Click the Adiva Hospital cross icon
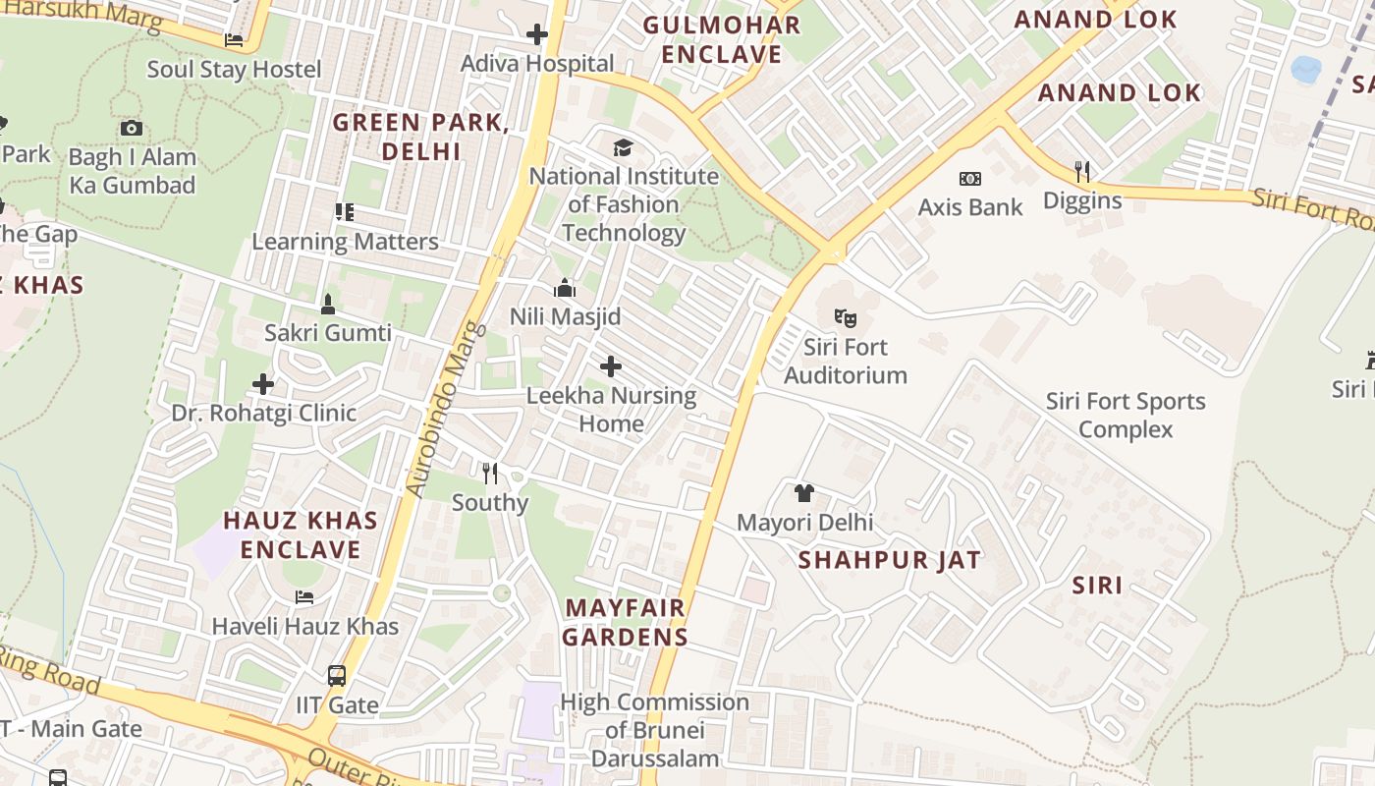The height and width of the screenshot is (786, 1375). click(536, 34)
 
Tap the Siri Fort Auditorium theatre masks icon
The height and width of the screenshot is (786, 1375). click(845, 317)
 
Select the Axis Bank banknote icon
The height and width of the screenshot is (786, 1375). click(969, 178)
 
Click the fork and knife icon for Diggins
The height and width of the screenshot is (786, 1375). click(1081, 172)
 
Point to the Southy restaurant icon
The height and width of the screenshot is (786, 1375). click(490, 474)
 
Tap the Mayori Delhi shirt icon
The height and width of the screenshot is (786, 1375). click(803, 493)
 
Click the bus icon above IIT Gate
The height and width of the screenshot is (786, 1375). click(336, 676)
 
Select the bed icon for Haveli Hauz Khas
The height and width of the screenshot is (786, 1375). click(304, 597)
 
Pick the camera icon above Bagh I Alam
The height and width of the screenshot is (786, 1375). click(132, 128)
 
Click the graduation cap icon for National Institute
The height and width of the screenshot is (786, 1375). click(623, 148)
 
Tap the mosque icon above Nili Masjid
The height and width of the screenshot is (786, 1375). click(565, 288)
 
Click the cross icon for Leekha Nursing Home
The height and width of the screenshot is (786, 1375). click(610, 366)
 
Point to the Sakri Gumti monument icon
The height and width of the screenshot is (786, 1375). click(327, 304)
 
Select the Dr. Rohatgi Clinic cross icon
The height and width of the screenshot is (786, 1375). click(262, 383)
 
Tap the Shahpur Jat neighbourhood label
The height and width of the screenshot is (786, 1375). click(889, 560)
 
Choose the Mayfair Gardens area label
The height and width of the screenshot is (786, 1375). click(626, 622)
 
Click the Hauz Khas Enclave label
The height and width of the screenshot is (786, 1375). click(301, 534)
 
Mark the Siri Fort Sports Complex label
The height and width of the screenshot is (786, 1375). click(1125, 415)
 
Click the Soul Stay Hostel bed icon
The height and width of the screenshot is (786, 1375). click(234, 40)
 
